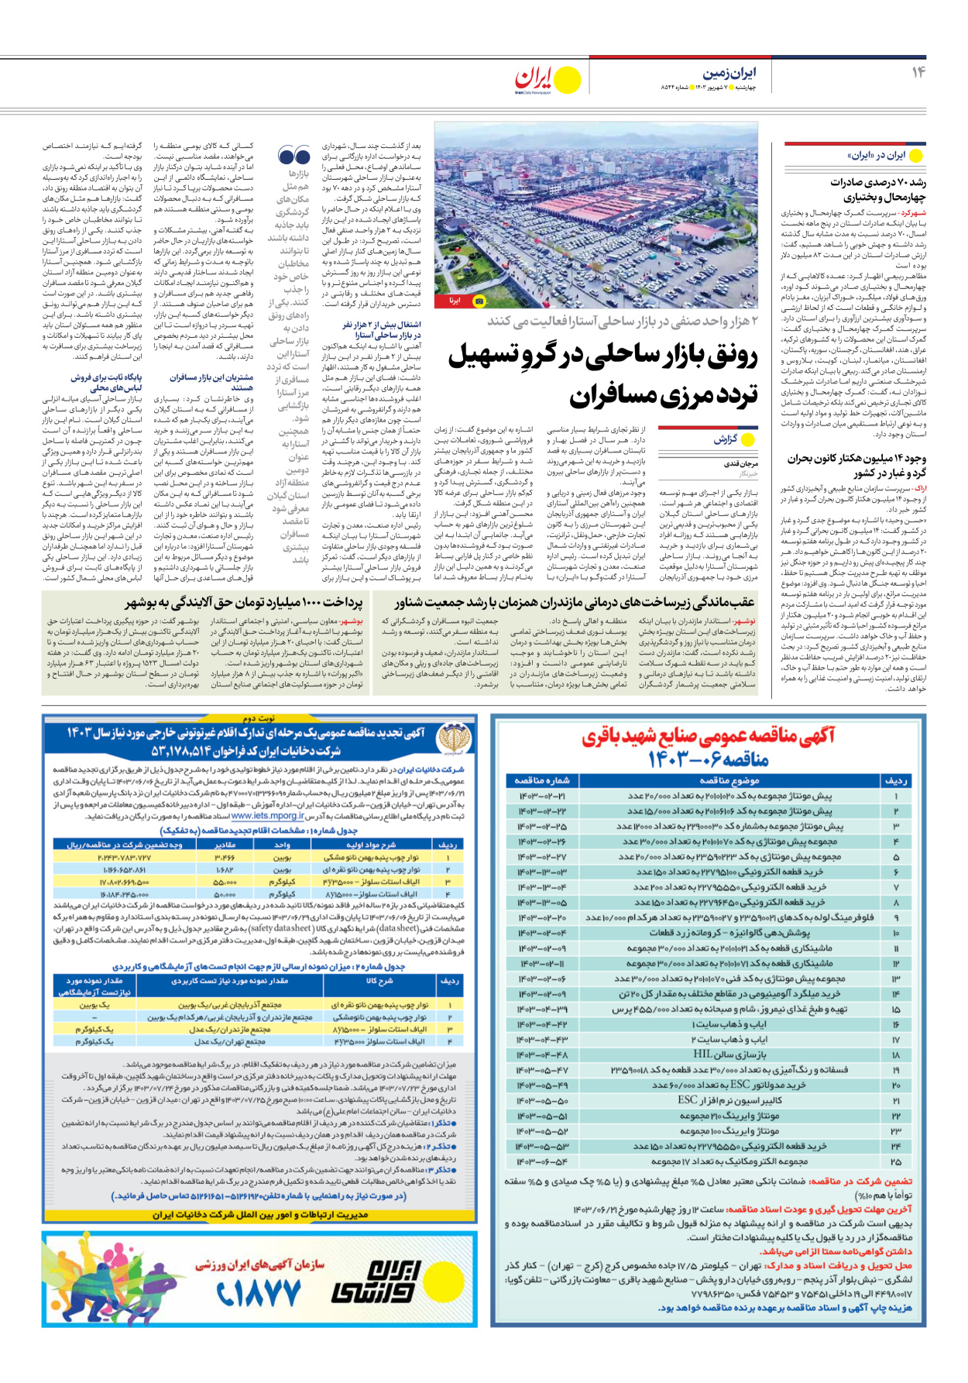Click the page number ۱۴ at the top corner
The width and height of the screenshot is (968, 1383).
[918, 72]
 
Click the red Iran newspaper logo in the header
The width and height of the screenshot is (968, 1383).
[537, 79]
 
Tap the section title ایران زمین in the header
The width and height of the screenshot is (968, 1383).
[729, 73]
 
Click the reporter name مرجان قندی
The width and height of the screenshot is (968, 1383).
[741, 463]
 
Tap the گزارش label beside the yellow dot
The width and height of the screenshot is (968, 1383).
[725, 439]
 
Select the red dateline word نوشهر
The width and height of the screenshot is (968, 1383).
[743, 621]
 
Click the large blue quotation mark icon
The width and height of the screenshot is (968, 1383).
[293, 156]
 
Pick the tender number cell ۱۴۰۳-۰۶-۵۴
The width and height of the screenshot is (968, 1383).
[542, 1161]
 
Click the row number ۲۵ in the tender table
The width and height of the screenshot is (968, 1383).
[896, 1161]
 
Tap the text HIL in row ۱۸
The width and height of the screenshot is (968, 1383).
[702, 1054]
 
